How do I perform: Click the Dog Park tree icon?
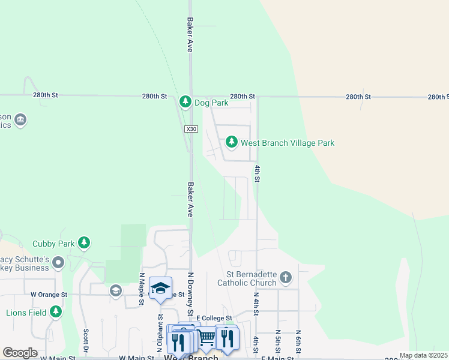[185, 102]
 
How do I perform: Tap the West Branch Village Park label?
[288, 143]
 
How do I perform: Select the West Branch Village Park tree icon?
[231, 142]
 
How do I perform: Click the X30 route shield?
[191, 129]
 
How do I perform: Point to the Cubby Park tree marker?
[85, 243]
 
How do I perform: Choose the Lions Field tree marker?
[56, 311]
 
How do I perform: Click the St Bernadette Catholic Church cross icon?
[286, 277]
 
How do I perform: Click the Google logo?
[20, 353]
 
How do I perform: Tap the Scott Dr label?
[86, 340]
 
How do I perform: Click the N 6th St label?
[298, 340]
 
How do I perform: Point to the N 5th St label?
[278, 340]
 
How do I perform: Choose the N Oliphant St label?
[160, 327]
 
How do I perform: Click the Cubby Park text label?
[53, 244]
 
